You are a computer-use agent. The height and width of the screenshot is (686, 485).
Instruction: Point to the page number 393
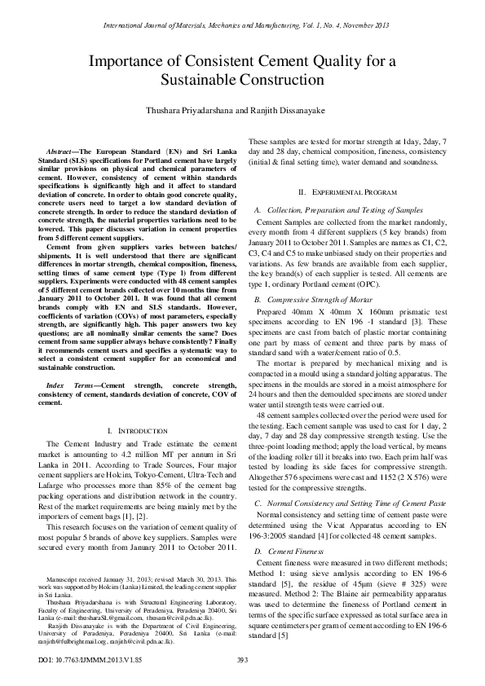tap(242, 659)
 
